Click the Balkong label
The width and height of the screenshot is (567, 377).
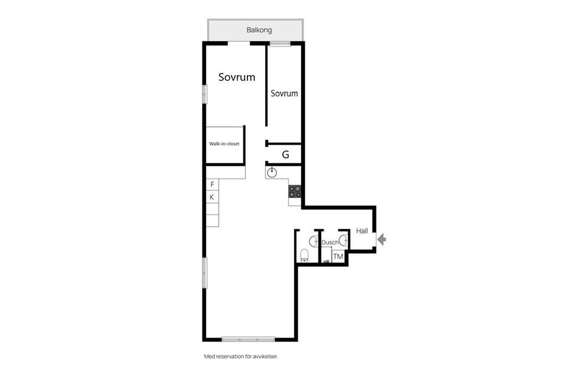tap(259, 30)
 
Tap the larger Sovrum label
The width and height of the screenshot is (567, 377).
tap(236, 77)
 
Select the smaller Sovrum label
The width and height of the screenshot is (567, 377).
tap(284, 93)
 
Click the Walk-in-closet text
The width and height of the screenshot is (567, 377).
tap(224, 144)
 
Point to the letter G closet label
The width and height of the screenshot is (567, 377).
tap(285, 155)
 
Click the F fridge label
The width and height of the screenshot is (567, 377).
tap(212, 185)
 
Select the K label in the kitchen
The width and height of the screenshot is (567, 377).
tap(212, 197)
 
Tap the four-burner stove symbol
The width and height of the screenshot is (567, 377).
tap(295, 191)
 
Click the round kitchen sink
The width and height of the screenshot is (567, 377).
tap(272, 173)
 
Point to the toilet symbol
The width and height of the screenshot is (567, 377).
tap(305, 255)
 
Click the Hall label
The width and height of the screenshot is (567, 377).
tap(362, 231)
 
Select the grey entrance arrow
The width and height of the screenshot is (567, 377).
tap(382, 240)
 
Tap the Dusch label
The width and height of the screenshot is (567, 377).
tap(330, 242)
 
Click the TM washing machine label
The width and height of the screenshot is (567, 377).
tap(338, 257)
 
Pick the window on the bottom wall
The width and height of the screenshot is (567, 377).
tap(248, 339)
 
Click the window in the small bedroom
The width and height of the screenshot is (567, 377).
tap(280, 44)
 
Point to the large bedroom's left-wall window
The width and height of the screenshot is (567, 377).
tap(205, 94)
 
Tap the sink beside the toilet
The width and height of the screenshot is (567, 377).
tap(314, 241)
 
